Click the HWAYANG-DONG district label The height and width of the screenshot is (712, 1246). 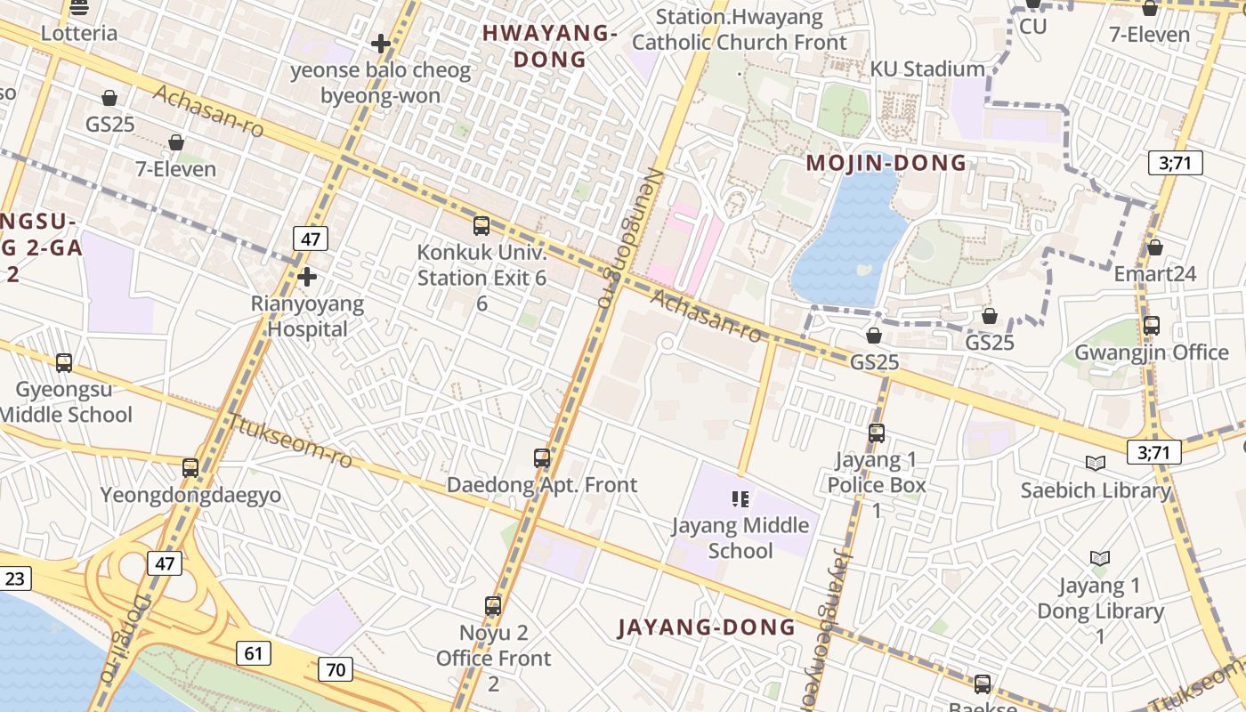(549, 46)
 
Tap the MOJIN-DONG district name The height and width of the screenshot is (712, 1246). (886, 163)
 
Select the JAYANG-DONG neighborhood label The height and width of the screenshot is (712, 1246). (707, 627)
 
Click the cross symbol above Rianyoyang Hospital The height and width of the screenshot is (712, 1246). (307, 277)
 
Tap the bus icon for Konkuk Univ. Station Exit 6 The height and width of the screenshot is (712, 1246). (481, 226)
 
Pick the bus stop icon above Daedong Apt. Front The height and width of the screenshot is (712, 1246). (542, 458)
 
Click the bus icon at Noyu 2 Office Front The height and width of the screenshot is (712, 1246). (493, 606)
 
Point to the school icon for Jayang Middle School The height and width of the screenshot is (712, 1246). (740, 498)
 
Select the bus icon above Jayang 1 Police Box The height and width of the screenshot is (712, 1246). (877, 433)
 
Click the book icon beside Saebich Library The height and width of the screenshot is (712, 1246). (1096, 463)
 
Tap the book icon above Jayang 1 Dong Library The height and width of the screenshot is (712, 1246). (1100, 558)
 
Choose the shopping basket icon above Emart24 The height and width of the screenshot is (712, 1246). (1155, 247)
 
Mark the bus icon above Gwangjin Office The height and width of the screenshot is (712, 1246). (1152, 326)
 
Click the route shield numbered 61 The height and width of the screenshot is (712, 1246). (254, 653)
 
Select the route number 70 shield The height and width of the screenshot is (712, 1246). (336, 669)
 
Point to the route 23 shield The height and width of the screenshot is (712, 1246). (15, 578)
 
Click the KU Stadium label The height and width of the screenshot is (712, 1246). (927, 69)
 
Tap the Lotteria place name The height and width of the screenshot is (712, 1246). (79, 34)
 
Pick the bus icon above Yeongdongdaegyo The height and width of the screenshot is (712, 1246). (190, 468)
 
